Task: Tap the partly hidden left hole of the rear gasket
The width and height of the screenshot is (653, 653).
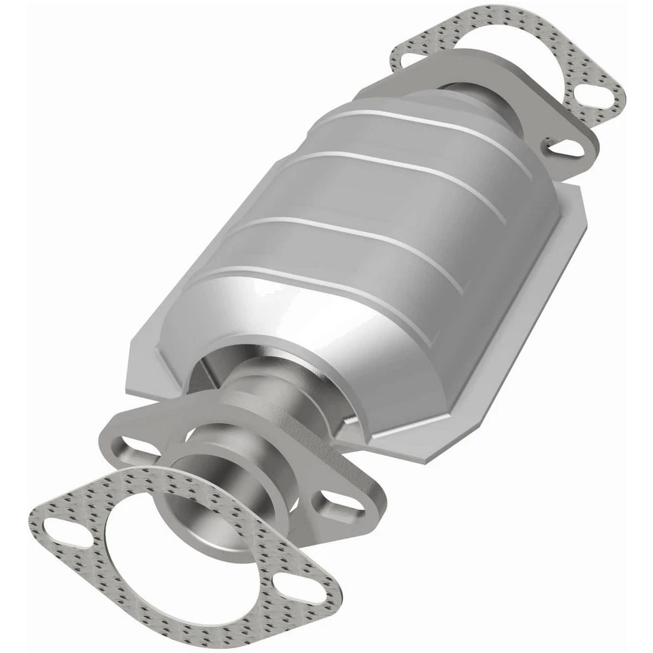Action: pyautogui.click(x=411, y=59)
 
